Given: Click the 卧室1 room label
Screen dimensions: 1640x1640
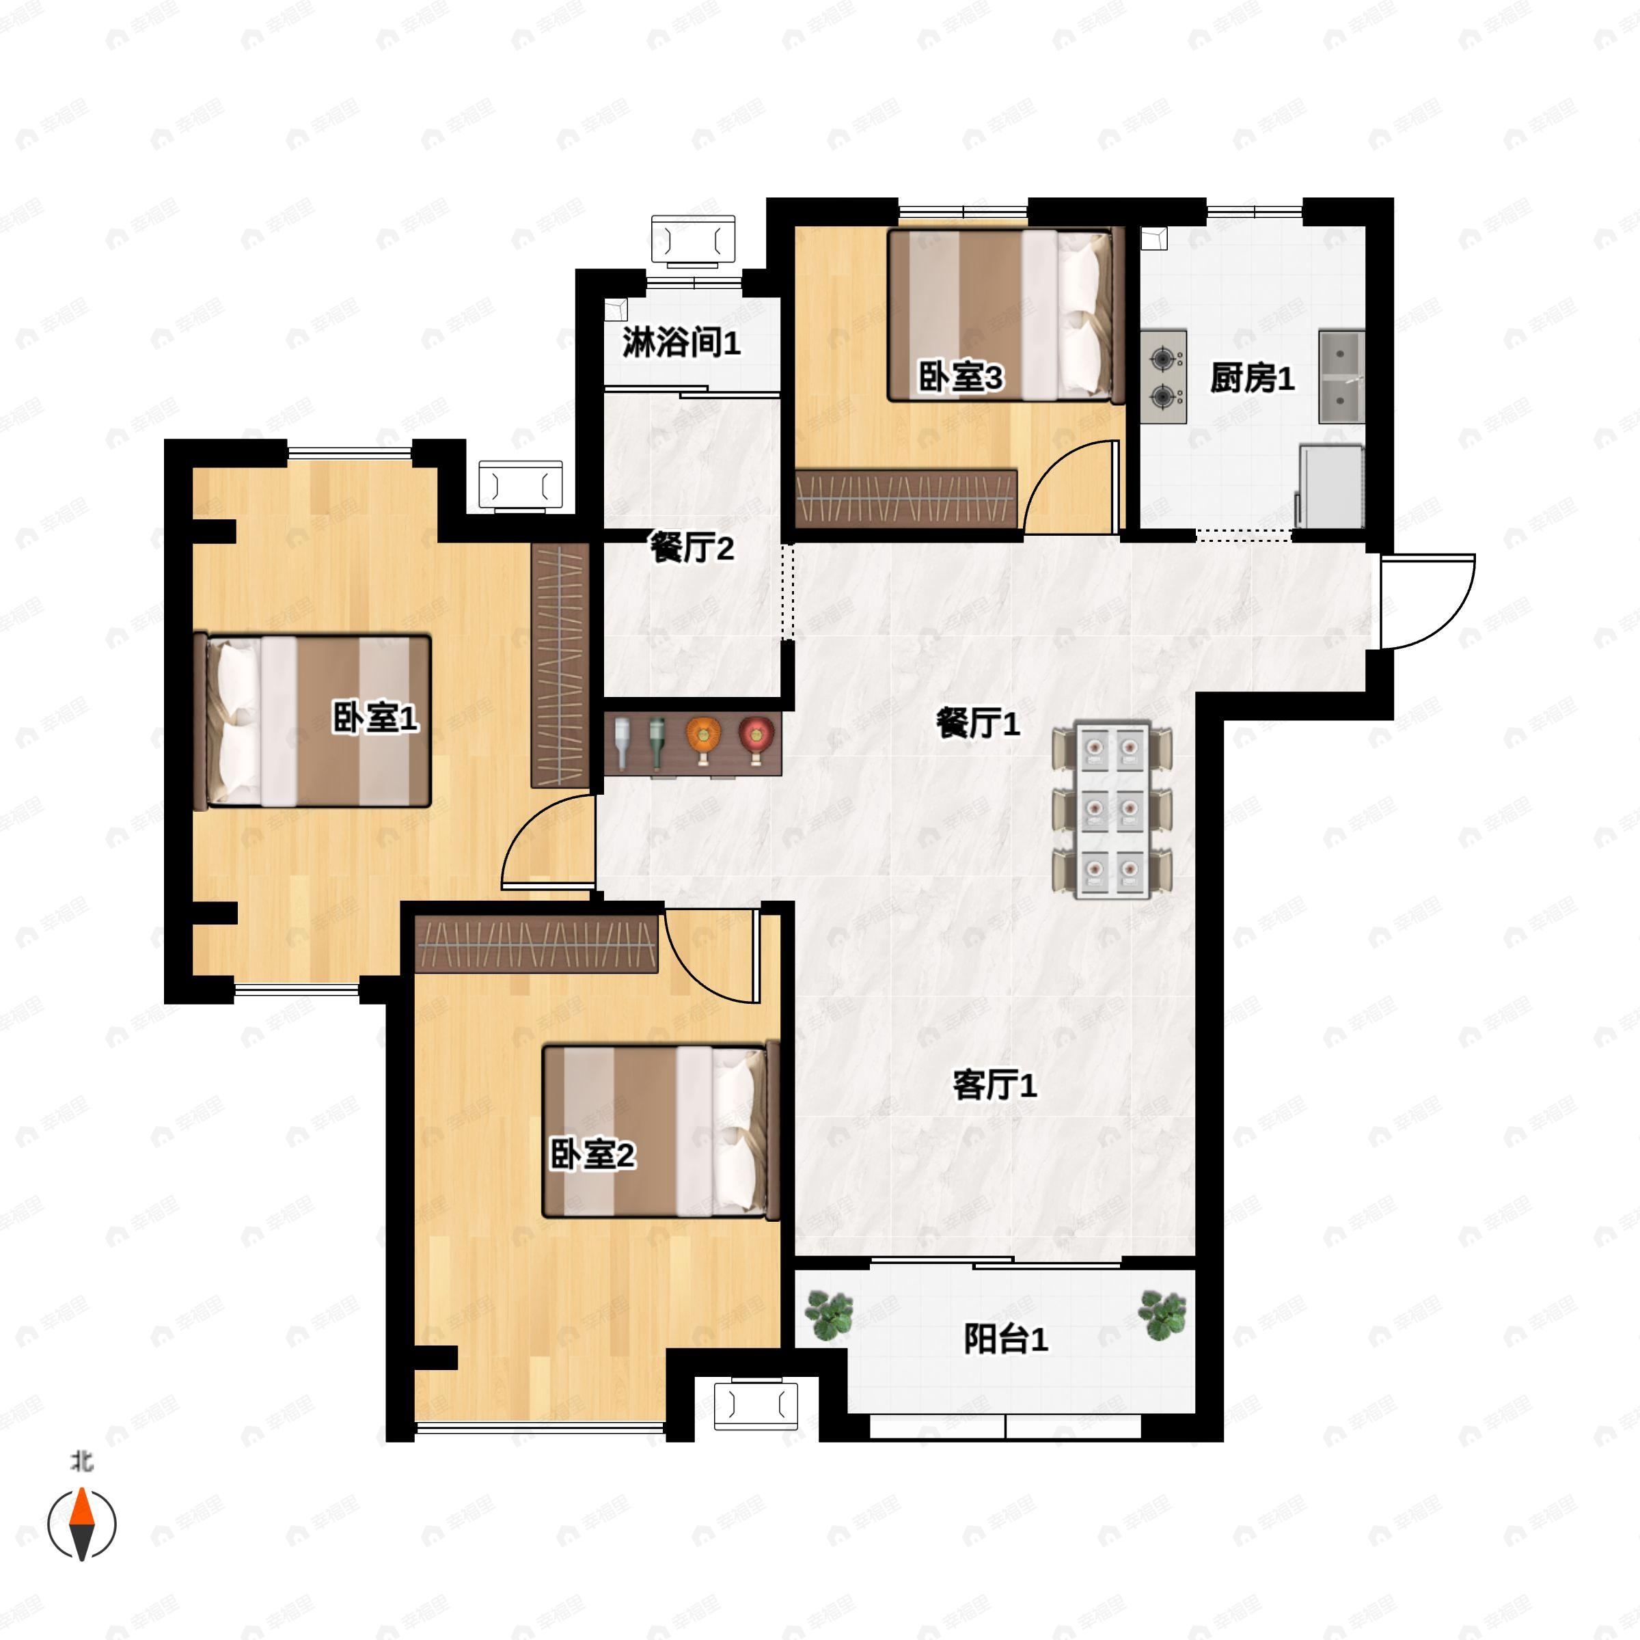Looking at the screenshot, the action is click(x=374, y=719).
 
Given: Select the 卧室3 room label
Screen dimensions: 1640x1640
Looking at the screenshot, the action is click(x=961, y=377).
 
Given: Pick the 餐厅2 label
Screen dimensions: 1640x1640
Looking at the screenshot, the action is click(x=692, y=547).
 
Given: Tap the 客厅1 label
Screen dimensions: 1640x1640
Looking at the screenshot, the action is click(x=995, y=1085).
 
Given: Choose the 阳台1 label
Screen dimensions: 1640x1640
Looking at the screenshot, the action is click(x=1006, y=1339).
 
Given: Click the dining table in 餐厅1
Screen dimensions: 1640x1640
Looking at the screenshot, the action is click(x=1112, y=810).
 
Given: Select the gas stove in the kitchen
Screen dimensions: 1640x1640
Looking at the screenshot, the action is click(x=1163, y=376).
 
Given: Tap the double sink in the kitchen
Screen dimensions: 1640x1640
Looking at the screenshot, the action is click(x=1341, y=377).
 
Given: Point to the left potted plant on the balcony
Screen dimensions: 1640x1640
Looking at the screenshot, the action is click(x=830, y=1315).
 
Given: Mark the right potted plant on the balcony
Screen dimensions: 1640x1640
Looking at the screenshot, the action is click(x=1162, y=1315).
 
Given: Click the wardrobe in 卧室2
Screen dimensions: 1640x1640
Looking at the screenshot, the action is click(x=536, y=944).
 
